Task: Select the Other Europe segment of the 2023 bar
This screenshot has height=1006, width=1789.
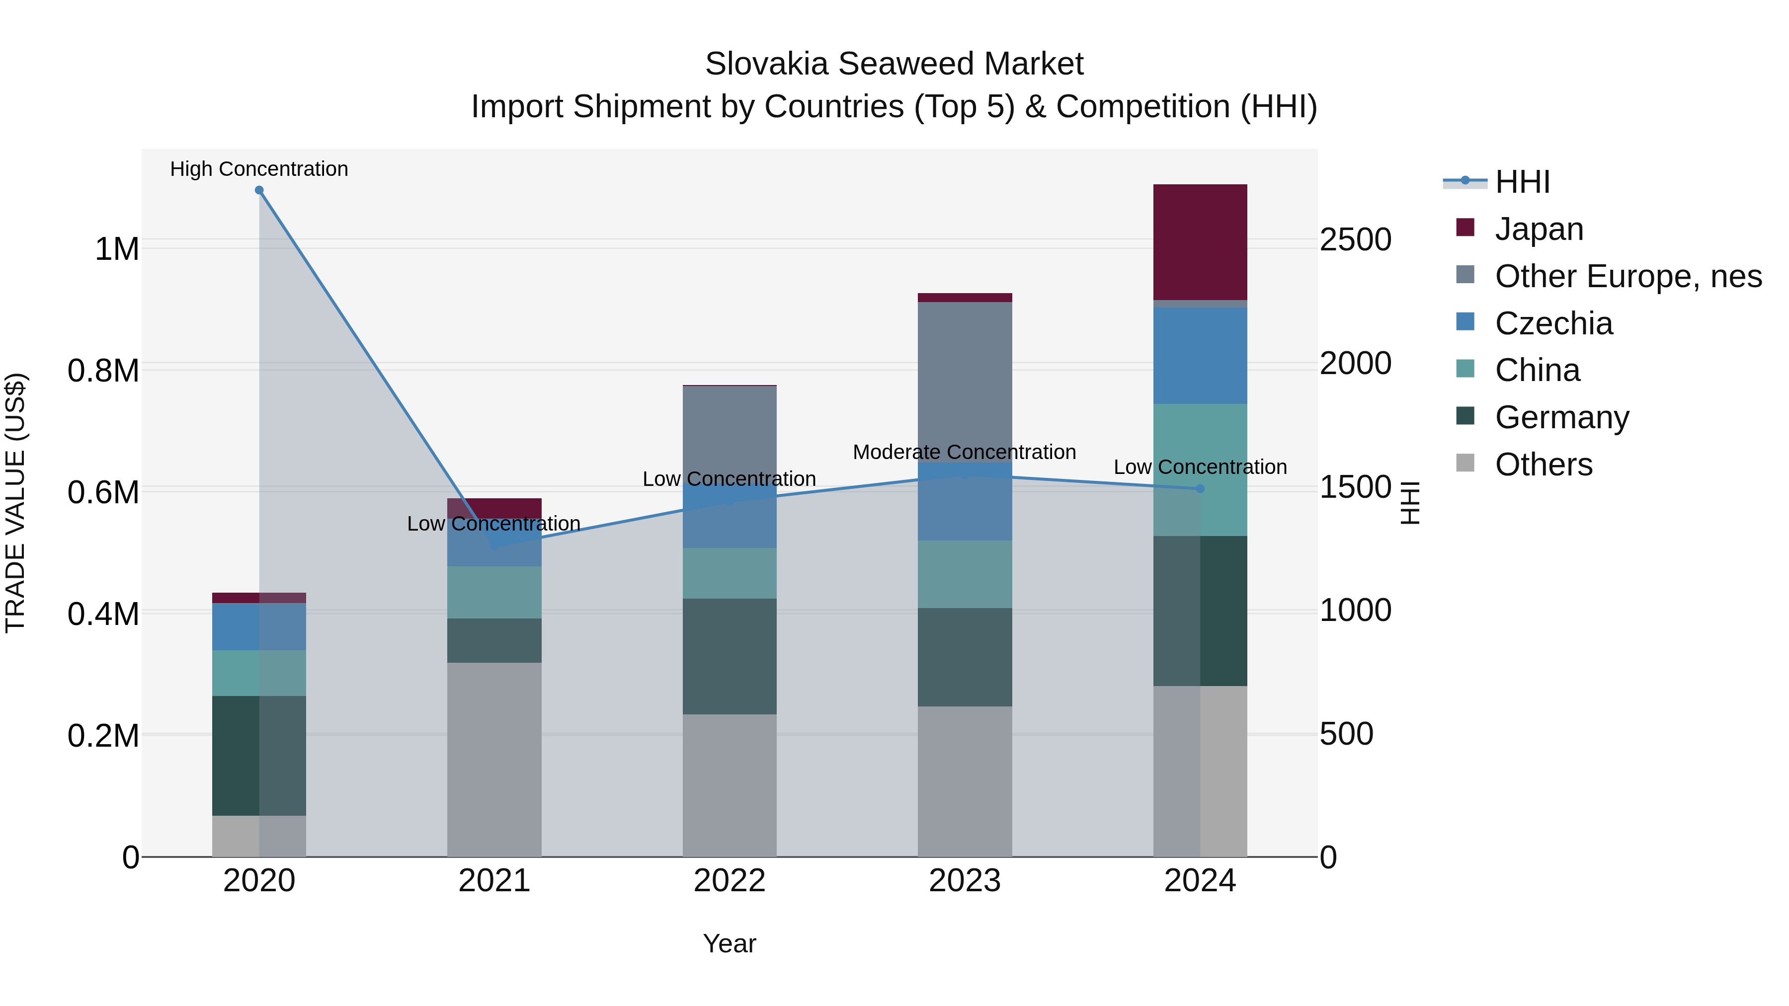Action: click(x=965, y=382)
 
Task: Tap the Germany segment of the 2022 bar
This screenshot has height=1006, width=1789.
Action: click(x=729, y=656)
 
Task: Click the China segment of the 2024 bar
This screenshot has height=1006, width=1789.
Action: click(x=1200, y=469)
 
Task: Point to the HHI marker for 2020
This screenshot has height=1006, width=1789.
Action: click(x=259, y=190)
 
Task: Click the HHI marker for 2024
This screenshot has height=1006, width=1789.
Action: click(x=1200, y=489)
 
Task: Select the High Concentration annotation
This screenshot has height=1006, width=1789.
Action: click(x=259, y=169)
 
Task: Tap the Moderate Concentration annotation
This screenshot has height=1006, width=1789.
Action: click(x=964, y=452)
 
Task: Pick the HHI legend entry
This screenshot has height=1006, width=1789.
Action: click(x=1522, y=182)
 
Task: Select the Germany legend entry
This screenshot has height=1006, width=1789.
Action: click(x=1561, y=417)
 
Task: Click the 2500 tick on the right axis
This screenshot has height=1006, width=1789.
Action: click(x=1355, y=240)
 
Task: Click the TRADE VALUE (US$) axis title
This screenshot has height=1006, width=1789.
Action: click(x=15, y=503)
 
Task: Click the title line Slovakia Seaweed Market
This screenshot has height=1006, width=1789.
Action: click(x=894, y=64)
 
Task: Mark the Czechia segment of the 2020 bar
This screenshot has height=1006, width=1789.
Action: click(x=259, y=627)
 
